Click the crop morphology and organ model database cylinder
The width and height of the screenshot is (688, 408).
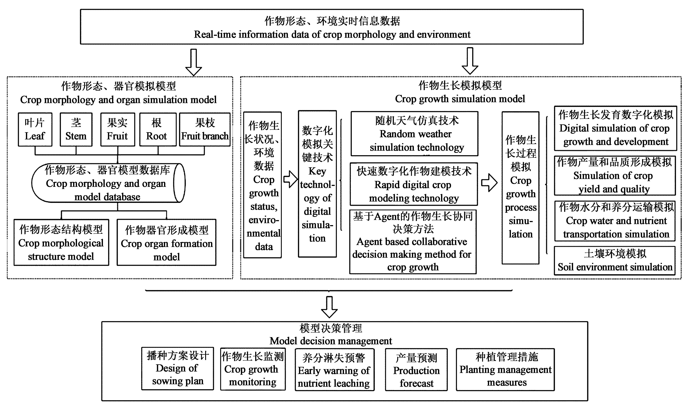coord(108,183)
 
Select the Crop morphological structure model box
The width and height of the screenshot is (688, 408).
coord(61,242)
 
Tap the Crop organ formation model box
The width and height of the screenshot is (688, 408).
coord(167,242)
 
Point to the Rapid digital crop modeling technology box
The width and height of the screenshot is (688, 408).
coord(414,184)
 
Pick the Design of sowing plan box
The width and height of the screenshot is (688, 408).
coord(178,368)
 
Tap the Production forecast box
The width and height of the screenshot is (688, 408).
coord(416,370)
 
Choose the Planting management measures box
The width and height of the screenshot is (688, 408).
coord(505,370)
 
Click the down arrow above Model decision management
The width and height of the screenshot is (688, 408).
coord(329,307)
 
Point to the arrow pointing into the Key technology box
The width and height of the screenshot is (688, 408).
coord(290,179)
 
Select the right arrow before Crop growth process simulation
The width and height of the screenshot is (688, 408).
coord(489,183)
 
